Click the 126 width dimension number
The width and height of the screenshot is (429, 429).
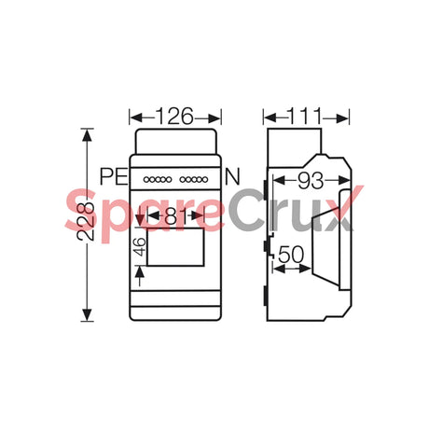click(x=174, y=118)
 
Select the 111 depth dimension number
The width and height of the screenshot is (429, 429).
click(x=306, y=118)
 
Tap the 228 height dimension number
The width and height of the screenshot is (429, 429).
click(x=86, y=222)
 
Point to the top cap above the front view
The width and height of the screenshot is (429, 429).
click(x=177, y=141)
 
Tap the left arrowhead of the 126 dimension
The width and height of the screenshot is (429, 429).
click(x=132, y=118)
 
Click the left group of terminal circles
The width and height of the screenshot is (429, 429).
click(x=156, y=179)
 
